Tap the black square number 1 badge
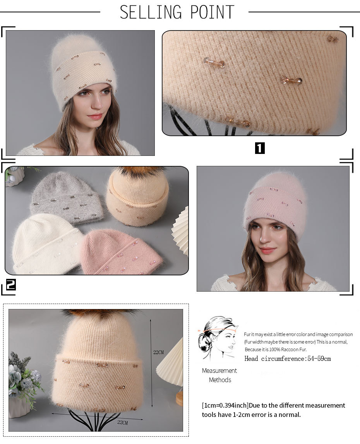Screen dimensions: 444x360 pyautogui.click(x=260, y=148)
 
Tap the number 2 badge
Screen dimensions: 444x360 pyautogui.click(x=10, y=285)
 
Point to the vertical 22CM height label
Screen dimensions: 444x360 pyautogui.click(x=158, y=352)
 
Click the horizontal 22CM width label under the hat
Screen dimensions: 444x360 pyautogui.click(x=122, y=422)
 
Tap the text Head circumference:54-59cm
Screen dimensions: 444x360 pyautogui.click(x=288, y=359)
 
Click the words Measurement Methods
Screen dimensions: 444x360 pyautogui.click(x=219, y=375)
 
